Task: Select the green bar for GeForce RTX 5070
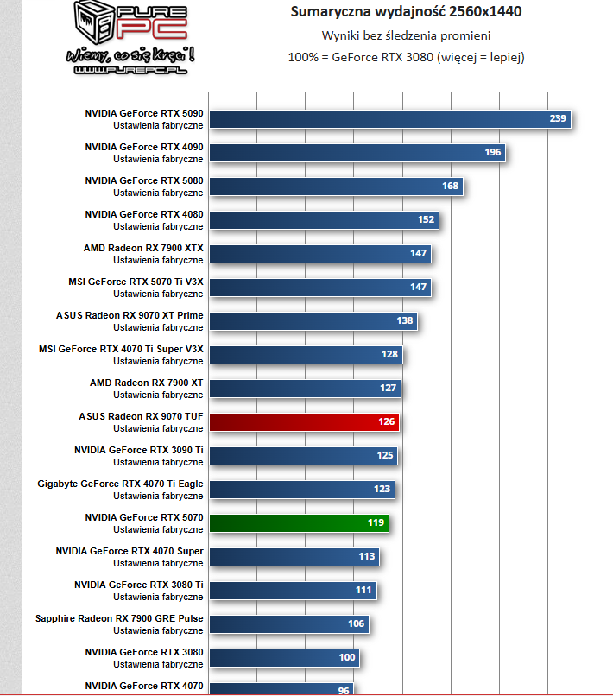click(x=298, y=523)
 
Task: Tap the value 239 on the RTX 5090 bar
click(x=558, y=118)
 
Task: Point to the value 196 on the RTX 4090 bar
click(x=493, y=152)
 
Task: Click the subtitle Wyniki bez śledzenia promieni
click(x=406, y=35)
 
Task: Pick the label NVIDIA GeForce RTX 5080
click(x=144, y=180)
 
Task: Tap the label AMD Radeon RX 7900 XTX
click(x=143, y=248)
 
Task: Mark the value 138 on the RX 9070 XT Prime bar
click(x=405, y=321)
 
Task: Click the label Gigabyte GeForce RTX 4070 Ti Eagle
click(x=121, y=484)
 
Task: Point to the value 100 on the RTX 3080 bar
click(x=347, y=657)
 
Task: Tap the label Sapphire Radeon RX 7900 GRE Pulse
click(x=119, y=618)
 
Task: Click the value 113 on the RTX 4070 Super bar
click(x=367, y=557)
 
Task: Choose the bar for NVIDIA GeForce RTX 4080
click(x=324, y=220)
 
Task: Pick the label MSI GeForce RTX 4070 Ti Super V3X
click(x=121, y=349)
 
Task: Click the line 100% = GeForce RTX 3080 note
click(x=406, y=57)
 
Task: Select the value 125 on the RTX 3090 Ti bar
click(x=385, y=456)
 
